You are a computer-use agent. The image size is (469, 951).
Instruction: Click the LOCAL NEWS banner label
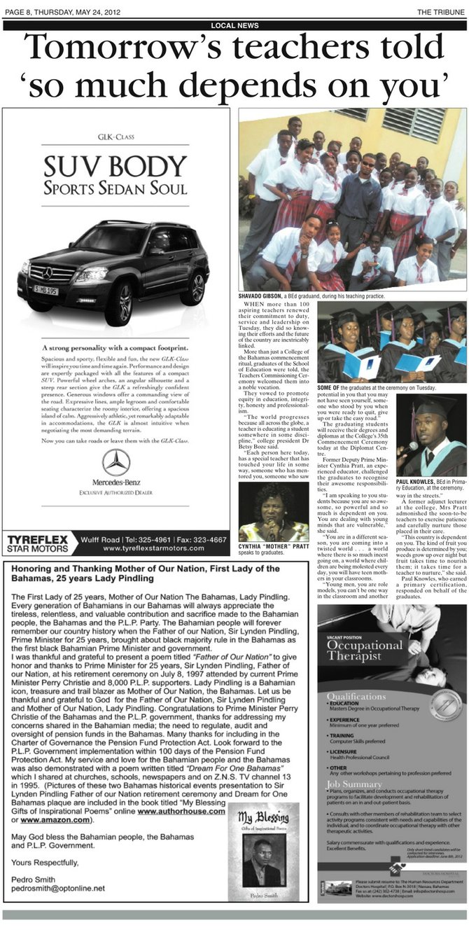(234, 26)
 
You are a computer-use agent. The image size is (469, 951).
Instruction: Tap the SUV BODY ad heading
(115, 166)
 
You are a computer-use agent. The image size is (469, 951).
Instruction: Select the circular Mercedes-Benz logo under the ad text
(115, 462)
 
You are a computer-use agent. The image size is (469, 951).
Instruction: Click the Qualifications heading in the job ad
(356, 697)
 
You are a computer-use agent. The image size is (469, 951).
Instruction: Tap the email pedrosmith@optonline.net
(58, 888)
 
